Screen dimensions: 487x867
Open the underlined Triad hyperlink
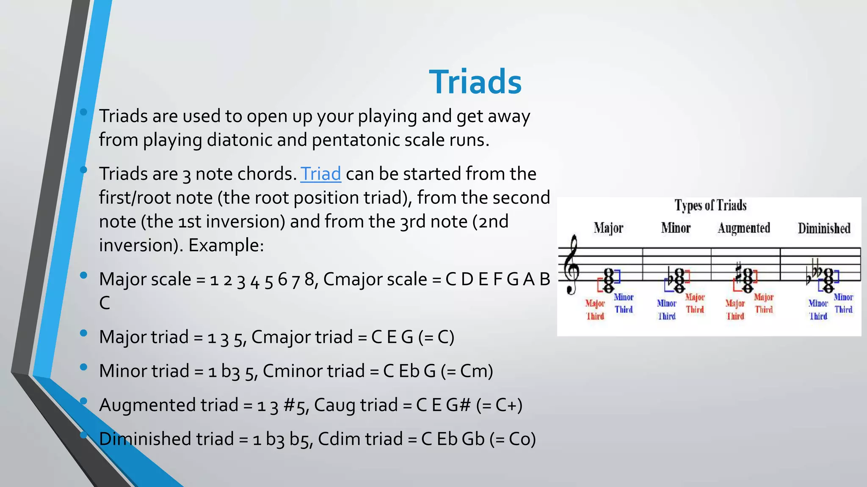(320, 174)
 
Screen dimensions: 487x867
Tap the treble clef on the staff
(573, 265)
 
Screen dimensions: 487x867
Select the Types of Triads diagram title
(710, 205)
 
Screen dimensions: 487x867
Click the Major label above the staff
(608, 228)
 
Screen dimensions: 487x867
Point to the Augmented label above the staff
(744, 228)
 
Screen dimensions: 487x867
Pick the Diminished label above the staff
(824, 228)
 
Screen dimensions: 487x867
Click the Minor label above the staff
(676, 228)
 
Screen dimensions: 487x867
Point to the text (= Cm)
(467, 371)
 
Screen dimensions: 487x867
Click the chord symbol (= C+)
(499, 405)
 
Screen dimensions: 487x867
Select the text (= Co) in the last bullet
(513, 439)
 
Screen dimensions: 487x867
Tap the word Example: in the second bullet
(226, 245)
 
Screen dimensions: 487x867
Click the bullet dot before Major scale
(83, 275)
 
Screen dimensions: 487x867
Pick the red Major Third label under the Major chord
(595, 309)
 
